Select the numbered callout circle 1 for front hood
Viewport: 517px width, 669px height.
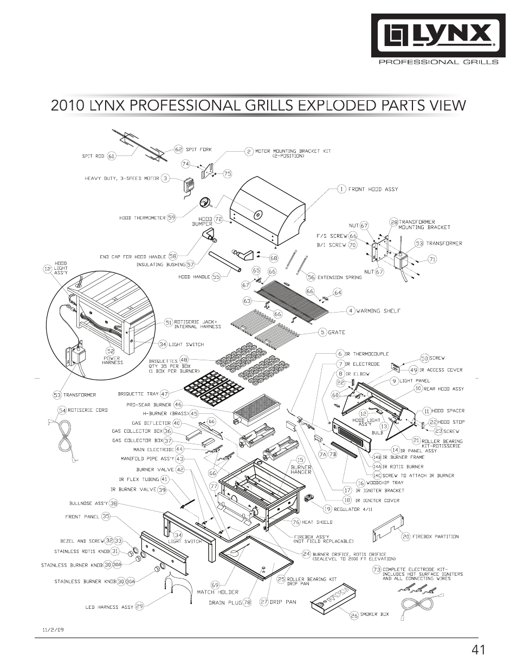coord(341,189)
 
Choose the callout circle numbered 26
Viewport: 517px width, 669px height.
coord(354,615)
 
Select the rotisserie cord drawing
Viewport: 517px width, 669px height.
coord(64,437)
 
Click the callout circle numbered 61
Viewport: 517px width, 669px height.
coord(112,156)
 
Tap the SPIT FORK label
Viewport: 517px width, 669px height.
coord(199,150)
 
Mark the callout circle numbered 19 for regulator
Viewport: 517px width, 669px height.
coord(327,509)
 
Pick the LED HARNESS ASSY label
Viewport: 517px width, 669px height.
coord(110,607)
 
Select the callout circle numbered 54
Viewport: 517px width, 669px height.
coord(62,411)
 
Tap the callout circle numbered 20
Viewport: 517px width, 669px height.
coord(406,537)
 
